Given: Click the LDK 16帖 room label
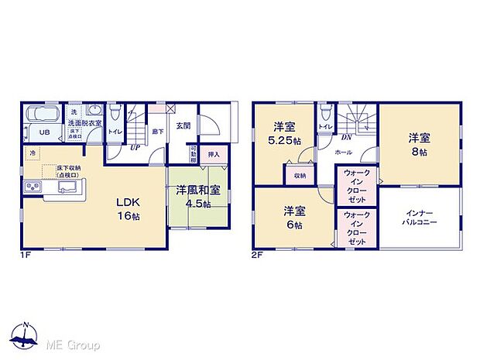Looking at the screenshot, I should [x=127, y=208].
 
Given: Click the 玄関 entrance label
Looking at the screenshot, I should [x=183, y=126].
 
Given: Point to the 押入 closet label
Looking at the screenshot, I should [x=214, y=155].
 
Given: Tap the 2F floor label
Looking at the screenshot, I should [x=256, y=252].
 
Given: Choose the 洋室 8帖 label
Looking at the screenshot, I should [x=420, y=146].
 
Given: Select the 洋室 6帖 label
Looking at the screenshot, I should [x=292, y=216].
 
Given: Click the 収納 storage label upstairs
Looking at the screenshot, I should [x=300, y=175].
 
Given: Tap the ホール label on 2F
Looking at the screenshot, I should [x=344, y=153].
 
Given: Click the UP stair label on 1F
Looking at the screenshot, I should [x=135, y=146].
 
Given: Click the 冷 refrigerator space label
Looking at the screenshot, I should [x=33, y=153].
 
